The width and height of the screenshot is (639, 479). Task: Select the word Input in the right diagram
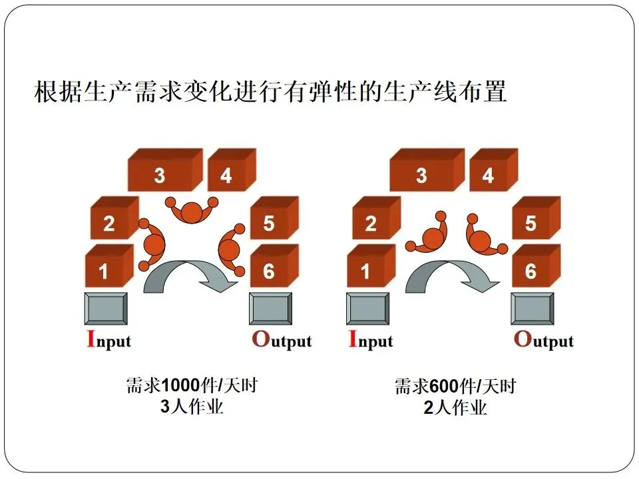(x=371, y=340)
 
